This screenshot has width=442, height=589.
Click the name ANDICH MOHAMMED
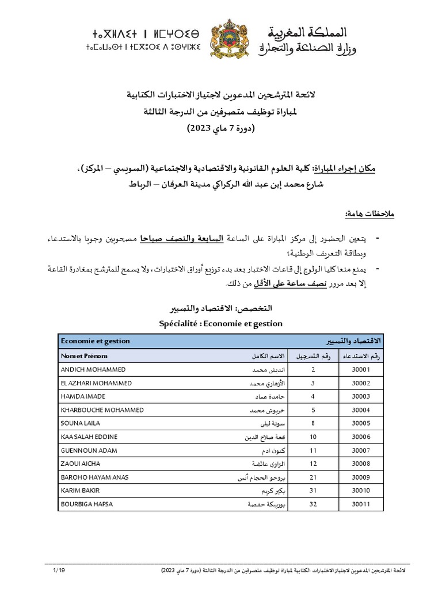93,369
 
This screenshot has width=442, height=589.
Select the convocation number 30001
360,369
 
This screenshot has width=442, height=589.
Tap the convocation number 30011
360,504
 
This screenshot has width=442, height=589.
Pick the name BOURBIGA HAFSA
87,504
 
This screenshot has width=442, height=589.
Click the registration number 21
313,477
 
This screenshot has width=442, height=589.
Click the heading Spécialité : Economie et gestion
221,323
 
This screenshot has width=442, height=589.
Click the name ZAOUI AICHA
79,464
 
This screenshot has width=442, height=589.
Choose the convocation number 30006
360,437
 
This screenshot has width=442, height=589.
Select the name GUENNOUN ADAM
85,450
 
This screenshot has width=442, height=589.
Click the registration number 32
313,504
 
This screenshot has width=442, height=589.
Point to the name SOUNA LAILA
80,423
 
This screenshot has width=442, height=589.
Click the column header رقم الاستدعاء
361,355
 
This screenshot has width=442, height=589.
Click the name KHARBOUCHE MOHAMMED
102,410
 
